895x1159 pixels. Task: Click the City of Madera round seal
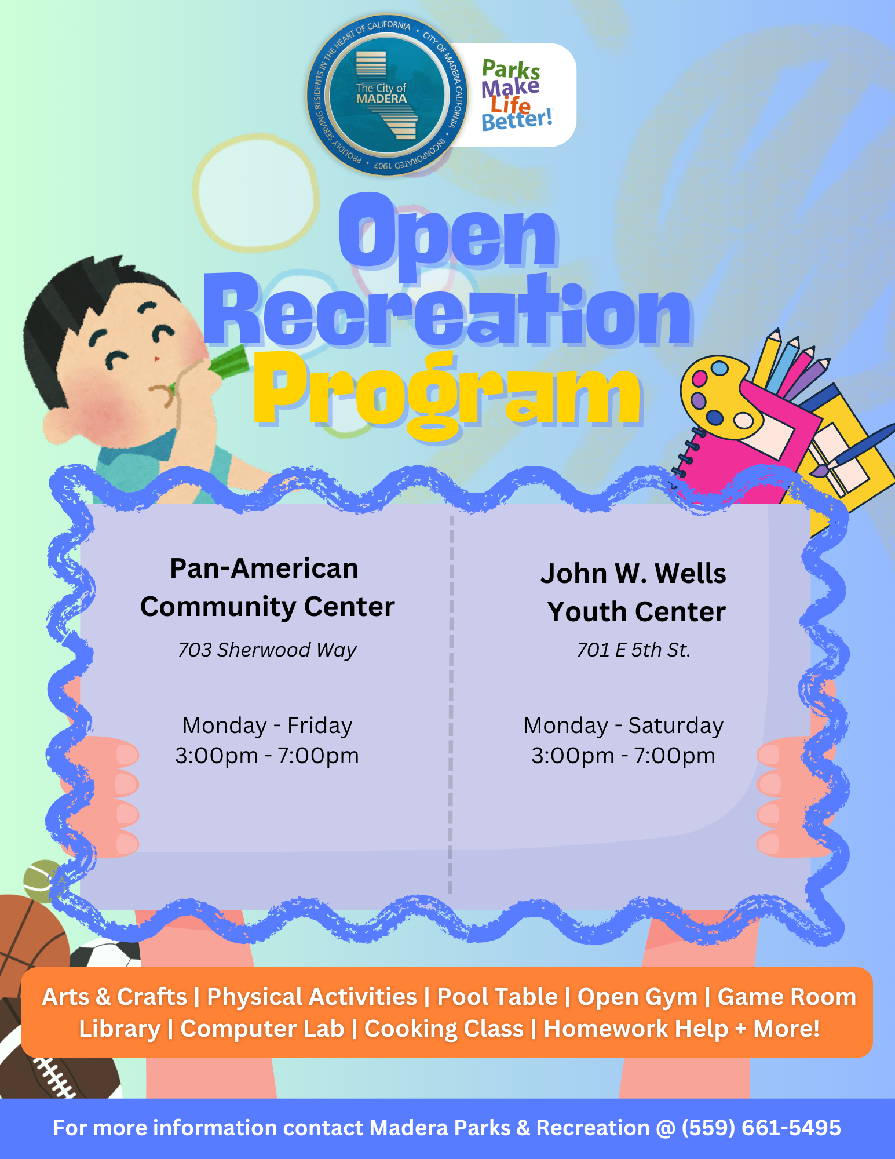point(387,95)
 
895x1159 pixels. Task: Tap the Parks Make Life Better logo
point(516,96)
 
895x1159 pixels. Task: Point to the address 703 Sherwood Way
point(267,650)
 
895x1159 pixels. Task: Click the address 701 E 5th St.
point(634,650)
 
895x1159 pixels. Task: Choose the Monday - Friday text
point(267,726)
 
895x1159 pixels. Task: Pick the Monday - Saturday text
point(623,726)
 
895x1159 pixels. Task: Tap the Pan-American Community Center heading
point(267,588)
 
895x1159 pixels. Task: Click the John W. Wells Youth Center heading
point(634,592)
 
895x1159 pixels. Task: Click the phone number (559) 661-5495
point(761,1128)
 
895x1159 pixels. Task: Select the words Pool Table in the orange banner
point(497,997)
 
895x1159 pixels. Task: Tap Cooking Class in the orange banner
point(444,1029)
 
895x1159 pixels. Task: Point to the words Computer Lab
point(262,1029)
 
